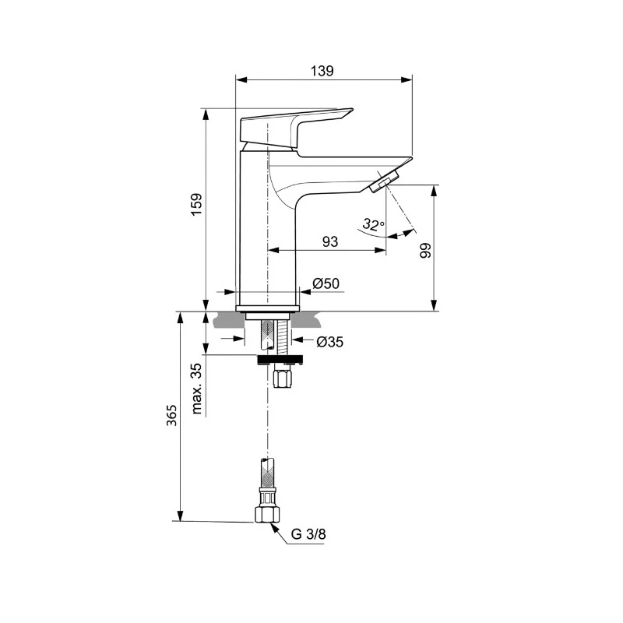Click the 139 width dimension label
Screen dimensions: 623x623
(x=322, y=70)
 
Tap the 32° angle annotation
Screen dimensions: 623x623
(x=373, y=225)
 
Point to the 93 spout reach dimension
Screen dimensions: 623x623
(x=329, y=241)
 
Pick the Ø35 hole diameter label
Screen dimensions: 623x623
(x=330, y=341)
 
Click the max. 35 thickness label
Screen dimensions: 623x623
(x=197, y=389)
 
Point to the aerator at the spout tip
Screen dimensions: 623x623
(x=384, y=181)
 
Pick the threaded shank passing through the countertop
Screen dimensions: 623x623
(x=269, y=333)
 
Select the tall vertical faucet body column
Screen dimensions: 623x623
(x=267, y=226)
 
